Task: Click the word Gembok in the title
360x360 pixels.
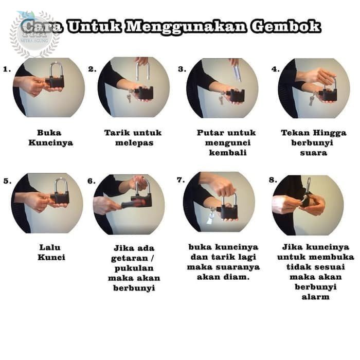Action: point(285,27)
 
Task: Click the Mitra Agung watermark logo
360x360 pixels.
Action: point(34,34)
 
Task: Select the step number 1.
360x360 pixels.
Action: point(7,69)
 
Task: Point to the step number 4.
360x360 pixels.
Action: point(276,69)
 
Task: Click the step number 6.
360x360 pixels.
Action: point(92,181)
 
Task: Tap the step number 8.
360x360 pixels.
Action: point(273,180)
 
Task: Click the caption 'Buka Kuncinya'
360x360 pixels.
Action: point(50,138)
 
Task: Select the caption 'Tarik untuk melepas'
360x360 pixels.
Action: point(133,138)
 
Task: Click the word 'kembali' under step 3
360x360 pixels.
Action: point(228,153)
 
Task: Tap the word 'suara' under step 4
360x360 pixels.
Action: point(314,153)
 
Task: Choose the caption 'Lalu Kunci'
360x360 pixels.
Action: point(51,253)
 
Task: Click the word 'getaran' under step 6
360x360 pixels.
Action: point(130,259)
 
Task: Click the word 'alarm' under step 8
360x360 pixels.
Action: point(316,297)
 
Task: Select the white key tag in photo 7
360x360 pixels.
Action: point(210,219)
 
